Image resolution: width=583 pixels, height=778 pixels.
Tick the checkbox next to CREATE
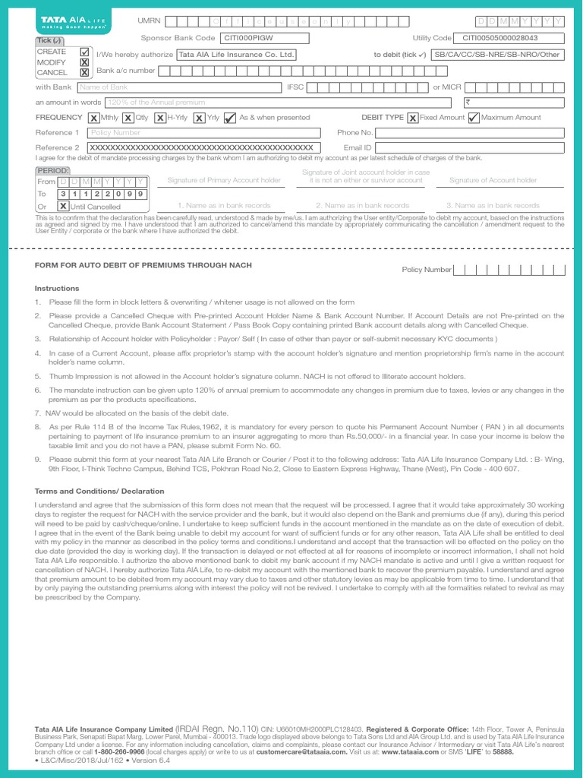pyautogui.click(x=84, y=51)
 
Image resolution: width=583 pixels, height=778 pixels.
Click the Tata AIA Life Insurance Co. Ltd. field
pyautogui.click(x=235, y=55)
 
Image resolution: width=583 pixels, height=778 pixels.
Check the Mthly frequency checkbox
pyautogui.click(x=93, y=118)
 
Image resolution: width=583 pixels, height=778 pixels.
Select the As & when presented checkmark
pyautogui.click(x=230, y=118)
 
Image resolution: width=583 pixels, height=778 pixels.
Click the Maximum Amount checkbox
pyautogui.click(x=474, y=118)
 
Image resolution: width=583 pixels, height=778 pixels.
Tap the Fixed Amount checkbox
pyautogui.click(x=412, y=118)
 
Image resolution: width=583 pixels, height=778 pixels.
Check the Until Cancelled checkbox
pyautogui.click(x=64, y=206)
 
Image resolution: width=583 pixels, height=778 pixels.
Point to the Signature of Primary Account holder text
pyautogui.click(x=223, y=180)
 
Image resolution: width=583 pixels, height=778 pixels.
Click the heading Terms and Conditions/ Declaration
pyautogui.click(x=99, y=492)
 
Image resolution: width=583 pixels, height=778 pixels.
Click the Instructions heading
pyautogui.click(x=57, y=289)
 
